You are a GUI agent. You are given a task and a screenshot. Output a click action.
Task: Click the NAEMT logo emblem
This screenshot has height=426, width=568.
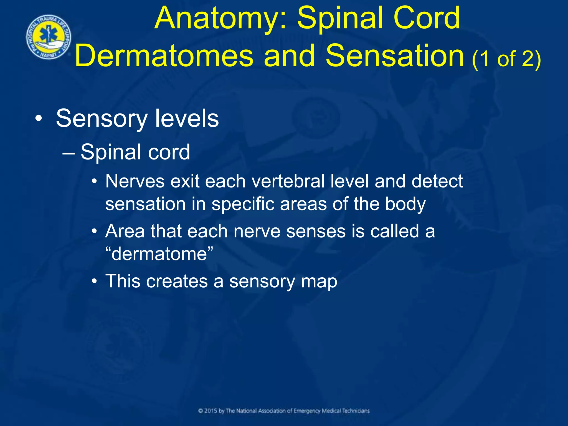[49, 37]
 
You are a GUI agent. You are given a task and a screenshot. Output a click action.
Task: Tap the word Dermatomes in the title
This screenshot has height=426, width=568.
[164, 56]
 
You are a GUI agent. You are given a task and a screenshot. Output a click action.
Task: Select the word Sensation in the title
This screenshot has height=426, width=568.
[395, 56]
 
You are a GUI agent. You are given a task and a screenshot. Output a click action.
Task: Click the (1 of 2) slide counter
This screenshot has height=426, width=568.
[506, 59]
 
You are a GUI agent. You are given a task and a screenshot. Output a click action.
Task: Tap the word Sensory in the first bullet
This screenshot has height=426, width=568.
[102, 119]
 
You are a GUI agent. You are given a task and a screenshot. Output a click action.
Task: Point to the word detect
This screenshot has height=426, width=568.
[437, 181]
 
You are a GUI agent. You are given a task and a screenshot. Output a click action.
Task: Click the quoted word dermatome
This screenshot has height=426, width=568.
[159, 254]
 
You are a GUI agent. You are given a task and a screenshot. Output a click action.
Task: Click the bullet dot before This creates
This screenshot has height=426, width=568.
[95, 282]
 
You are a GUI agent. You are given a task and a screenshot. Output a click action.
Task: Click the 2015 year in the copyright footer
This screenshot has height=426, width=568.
[211, 411]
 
